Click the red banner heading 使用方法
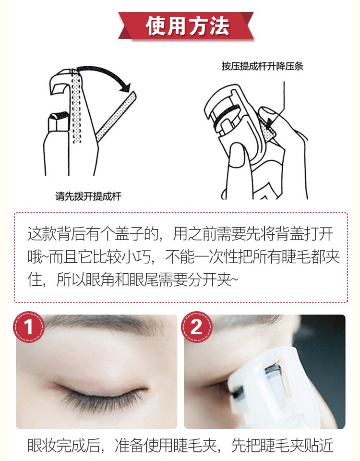point(186,25)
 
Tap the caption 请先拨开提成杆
point(88,196)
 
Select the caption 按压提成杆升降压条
point(263,66)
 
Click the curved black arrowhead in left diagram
point(126,87)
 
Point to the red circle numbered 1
point(28,327)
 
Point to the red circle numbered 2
point(197,327)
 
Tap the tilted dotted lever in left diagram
point(116,116)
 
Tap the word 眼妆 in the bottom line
point(42,445)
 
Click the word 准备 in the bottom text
point(129,445)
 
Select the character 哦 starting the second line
point(35,256)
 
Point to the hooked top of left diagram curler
point(60,82)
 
